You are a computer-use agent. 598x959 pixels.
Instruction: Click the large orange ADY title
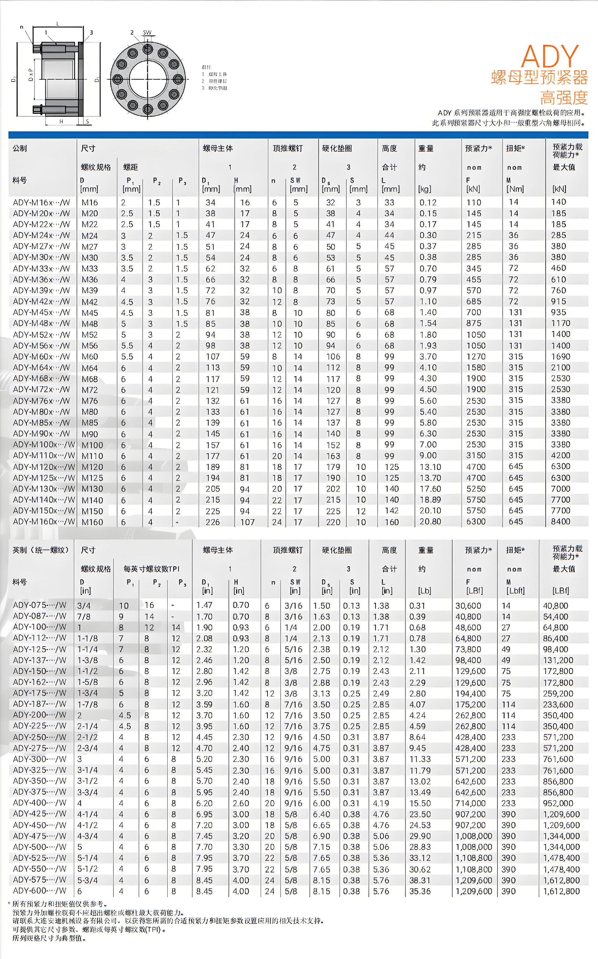click(550, 57)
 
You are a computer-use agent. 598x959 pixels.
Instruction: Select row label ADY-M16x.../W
click(41, 202)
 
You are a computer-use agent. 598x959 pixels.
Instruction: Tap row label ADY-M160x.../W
click(44, 522)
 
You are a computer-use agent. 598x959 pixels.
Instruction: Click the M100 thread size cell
click(92, 445)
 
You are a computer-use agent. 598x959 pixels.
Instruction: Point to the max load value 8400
click(560, 522)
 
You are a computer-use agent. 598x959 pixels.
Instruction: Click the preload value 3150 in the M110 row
click(476, 456)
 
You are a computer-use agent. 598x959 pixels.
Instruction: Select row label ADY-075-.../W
click(40, 605)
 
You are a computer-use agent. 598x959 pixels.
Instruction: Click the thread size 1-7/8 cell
click(88, 704)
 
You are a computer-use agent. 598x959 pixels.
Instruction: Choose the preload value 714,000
click(470, 803)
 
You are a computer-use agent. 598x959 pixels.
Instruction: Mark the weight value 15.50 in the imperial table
click(420, 803)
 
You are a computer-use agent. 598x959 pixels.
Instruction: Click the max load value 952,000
click(558, 803)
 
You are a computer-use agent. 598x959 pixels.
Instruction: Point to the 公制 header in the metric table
click(20, 148)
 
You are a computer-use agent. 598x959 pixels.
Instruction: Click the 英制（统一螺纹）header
click(41, 550)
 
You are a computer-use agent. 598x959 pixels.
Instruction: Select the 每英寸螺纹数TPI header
click(151, 569)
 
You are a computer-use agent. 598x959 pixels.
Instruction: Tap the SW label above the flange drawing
click(147, 33)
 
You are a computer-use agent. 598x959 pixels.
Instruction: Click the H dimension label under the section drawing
click(61, 121)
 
